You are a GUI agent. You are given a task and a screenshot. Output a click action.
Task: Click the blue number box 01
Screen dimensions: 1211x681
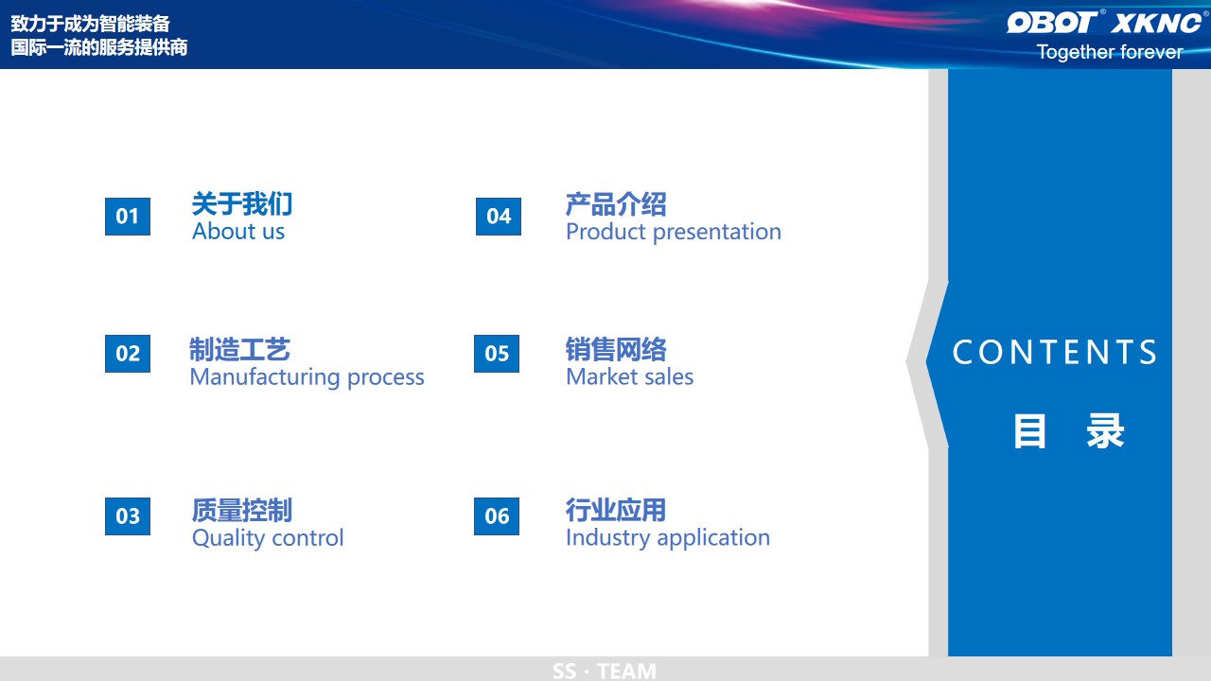128,217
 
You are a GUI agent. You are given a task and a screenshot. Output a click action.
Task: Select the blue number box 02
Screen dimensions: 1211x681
128,354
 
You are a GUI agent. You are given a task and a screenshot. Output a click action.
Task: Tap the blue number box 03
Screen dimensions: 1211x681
128,516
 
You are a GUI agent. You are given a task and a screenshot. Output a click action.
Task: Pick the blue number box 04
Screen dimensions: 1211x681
499,217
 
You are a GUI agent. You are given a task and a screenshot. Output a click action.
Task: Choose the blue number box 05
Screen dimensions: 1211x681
497,354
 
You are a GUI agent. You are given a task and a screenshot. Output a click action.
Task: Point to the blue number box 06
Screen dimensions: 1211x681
497,516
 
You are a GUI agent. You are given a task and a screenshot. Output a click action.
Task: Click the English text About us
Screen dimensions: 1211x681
238,232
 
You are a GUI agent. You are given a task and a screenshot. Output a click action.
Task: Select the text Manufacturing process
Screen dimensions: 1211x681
307,377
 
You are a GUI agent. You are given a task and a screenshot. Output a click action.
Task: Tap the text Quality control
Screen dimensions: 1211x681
268,538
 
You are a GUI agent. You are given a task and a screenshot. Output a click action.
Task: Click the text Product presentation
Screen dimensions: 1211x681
674,233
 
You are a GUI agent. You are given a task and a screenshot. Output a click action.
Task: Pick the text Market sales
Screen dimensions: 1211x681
630,376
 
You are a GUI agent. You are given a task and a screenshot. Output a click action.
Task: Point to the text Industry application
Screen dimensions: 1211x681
668,538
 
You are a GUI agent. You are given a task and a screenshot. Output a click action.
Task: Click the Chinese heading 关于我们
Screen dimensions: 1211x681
242,203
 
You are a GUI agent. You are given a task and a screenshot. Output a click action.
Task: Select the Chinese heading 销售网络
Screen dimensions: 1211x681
616,349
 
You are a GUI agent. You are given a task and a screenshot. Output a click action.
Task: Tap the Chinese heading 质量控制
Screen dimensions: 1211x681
242,510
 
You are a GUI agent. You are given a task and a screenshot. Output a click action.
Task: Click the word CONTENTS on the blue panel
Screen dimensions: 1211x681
1055,353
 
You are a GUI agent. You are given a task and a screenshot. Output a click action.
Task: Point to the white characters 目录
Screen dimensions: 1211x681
1069,431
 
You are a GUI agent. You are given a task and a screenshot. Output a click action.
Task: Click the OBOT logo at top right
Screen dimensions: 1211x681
1053,22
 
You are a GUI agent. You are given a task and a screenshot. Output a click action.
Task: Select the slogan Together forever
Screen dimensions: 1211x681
1111,52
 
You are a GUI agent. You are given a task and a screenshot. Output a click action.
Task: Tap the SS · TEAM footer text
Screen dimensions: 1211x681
605,672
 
